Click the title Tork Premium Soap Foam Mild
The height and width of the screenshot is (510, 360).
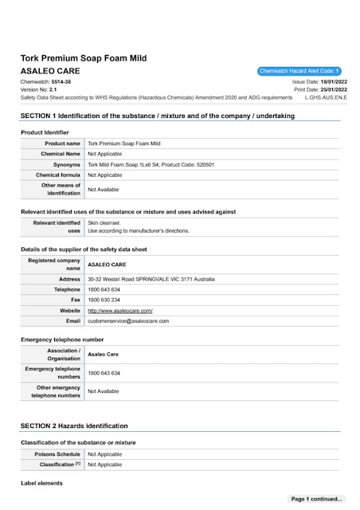[x=84, y=58]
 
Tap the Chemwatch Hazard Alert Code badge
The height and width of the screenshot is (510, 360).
[x=299, y=71]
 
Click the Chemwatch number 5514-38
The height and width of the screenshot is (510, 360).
[x=61, y=82]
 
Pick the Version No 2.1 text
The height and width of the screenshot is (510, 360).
[x=48, y=90]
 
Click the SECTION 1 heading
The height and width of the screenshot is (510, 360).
[x=157, y=116]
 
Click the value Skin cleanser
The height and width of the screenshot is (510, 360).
[x=104, y=223]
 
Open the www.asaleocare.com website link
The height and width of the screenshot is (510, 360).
[x=119, y=310]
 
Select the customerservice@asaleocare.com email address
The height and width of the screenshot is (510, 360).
[x=128, y=320]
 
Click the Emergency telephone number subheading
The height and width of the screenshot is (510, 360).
[x=62, y=339]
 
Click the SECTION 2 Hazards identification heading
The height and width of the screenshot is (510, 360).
[x=74, y=426]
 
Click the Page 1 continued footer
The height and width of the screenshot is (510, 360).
[x=316, y=499]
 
